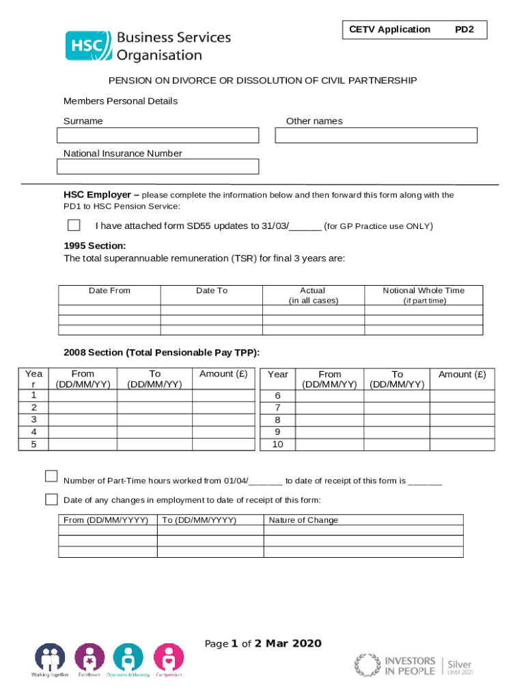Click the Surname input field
coord(158,135)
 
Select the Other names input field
coord(376,135)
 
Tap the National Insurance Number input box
coord(158,167)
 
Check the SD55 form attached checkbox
coord(74,226)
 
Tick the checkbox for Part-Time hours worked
coord(51,476)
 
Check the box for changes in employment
coord(51,498)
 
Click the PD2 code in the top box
coord(465,29)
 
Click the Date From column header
coord(109,291)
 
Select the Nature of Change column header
coord(303,520)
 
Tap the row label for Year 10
coord(277,444)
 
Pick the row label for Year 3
coord(33,419)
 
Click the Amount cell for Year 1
coord(223,395)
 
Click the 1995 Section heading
coord(94,246)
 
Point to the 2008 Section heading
coord(161,353)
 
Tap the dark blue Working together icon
coord(50,658)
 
